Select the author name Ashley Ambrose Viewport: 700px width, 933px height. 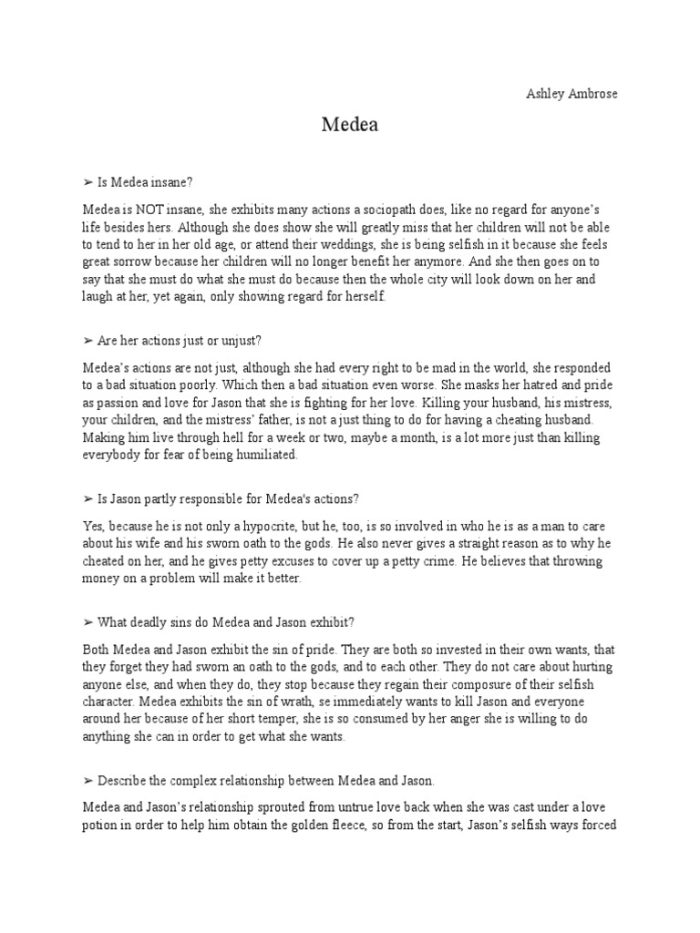coord(571,94)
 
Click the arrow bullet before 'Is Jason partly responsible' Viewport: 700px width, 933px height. coord(88,498)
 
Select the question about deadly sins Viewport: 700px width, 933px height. coord(225,621)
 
